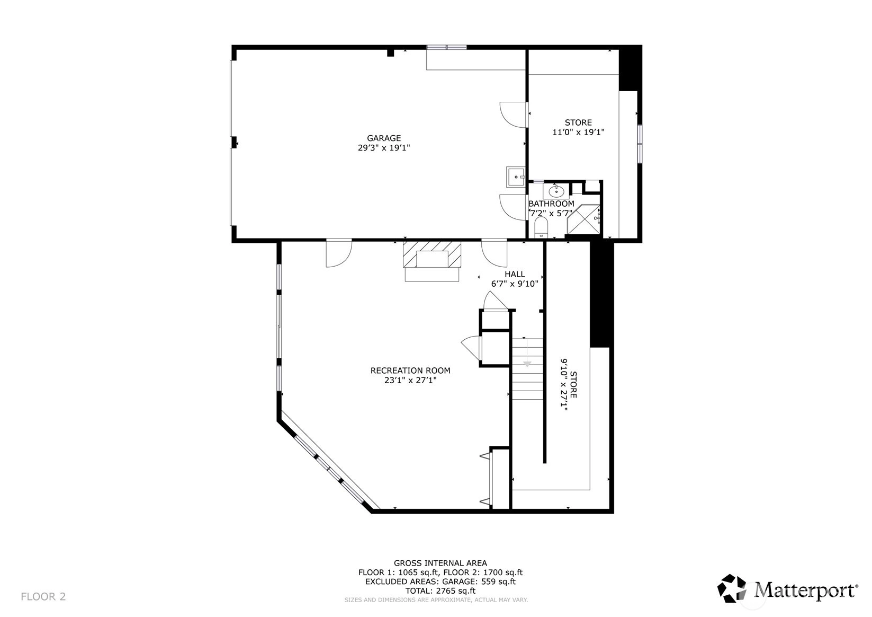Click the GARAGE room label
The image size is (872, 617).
click(384, 138)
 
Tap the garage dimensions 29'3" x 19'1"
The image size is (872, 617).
click(384, 148)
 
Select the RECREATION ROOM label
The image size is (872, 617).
click(410, 371)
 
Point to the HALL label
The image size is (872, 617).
click(515, 274)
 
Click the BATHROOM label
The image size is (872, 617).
click(551, 204)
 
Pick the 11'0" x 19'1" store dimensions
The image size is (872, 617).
click(578, 132)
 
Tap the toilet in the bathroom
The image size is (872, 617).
click(541, 227)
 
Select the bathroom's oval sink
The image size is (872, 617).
click(556, 191)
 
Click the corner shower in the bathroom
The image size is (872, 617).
click(583, 220)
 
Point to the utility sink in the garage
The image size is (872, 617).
click(516, 178)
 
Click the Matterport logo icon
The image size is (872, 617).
click(732, 588)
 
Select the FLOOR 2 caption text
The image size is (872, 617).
click(43, 596)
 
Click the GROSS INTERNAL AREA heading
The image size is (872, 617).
click(441, 563)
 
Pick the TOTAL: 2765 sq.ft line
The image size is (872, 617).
click(441, 590)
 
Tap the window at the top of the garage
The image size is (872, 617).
click(446, 47)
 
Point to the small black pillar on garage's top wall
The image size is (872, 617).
click(390, 53)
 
